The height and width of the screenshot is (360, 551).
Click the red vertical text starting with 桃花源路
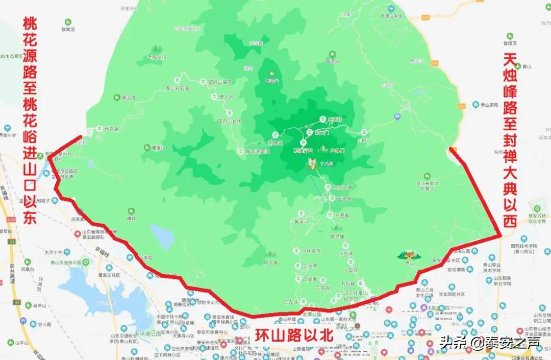tap(30, 121)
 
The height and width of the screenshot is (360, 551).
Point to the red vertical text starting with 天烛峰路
tap(510, 140)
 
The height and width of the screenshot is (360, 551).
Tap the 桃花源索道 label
tap(258, 152)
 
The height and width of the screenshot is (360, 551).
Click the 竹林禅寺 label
tap(310, 251)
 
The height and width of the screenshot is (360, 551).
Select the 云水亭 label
tap(310, 266)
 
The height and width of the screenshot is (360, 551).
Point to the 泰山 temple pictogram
tap(408, 255)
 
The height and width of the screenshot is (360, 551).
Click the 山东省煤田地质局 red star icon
tap(77, 234)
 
